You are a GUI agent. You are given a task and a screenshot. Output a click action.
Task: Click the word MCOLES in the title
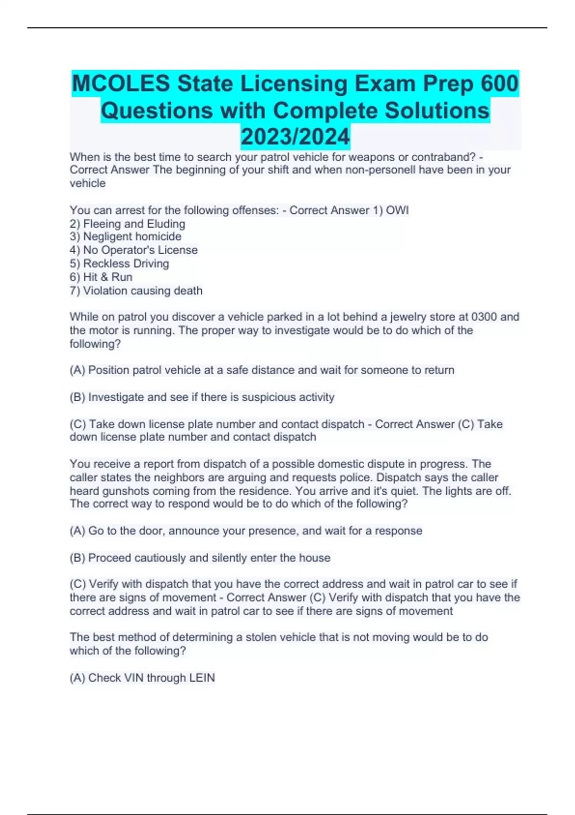[121, 84]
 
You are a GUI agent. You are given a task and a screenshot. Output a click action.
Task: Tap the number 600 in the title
[499, 84]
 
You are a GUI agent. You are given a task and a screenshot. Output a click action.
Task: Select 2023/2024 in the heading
[295, 137]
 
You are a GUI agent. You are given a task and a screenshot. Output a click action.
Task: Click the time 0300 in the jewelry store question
[484, 317]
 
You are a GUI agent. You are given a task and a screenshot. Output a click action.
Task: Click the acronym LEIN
[202, 677]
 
